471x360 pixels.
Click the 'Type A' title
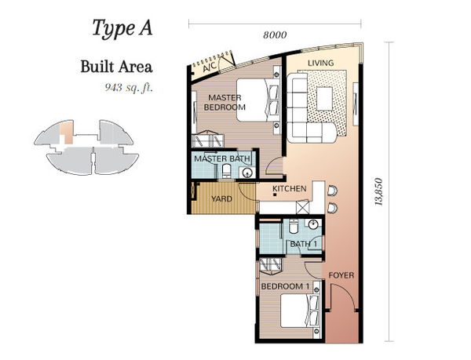[122, 28]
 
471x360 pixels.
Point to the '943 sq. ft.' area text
[129, 87]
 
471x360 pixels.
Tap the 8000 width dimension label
[275, 35]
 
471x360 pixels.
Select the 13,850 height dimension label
[379, 191]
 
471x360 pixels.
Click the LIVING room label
[321, 63]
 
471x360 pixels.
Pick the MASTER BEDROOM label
[225, 102]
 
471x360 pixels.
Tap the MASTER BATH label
[222, 158]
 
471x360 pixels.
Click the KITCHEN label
[289, 189]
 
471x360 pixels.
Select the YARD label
[221, 199]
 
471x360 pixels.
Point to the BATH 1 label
[303, 244]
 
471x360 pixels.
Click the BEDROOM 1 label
[285, 286]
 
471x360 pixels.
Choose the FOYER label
[341, 275]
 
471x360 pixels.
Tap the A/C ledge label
[210, 67]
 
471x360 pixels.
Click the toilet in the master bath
[226, 171]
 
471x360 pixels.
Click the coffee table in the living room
[324, 98]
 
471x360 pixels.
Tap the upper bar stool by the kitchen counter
[332, 191]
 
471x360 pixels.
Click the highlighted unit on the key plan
[66, 133]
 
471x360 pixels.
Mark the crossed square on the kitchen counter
[301, 207]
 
